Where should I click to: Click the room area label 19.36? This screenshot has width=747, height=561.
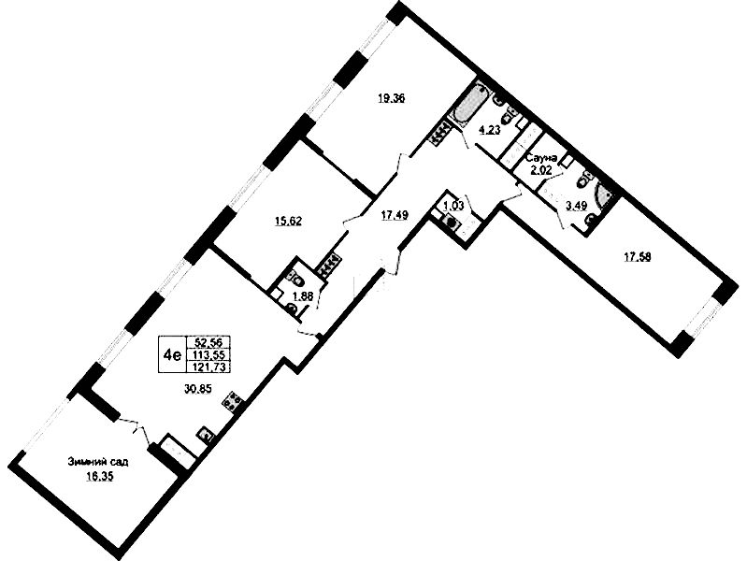coord(391,99)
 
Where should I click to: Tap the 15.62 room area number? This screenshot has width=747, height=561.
coord(289,221)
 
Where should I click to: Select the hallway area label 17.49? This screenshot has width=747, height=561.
coord(394,215)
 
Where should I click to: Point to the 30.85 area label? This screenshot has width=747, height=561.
coord(198,389)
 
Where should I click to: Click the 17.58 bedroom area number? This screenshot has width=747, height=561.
coord(638,257)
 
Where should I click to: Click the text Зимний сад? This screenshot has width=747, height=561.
coord(98,462)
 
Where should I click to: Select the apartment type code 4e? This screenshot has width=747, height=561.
coord(171,354)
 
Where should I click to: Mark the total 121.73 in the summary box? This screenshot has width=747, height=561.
coord(209,367)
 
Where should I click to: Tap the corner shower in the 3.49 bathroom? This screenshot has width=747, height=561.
coord(603,196)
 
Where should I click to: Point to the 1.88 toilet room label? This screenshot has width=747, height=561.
coord(303,295)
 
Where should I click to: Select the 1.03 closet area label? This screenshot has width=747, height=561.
coord(453,206)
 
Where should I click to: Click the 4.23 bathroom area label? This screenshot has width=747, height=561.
coord(490,130)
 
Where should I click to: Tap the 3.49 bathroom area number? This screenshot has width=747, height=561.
coord(576,206)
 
